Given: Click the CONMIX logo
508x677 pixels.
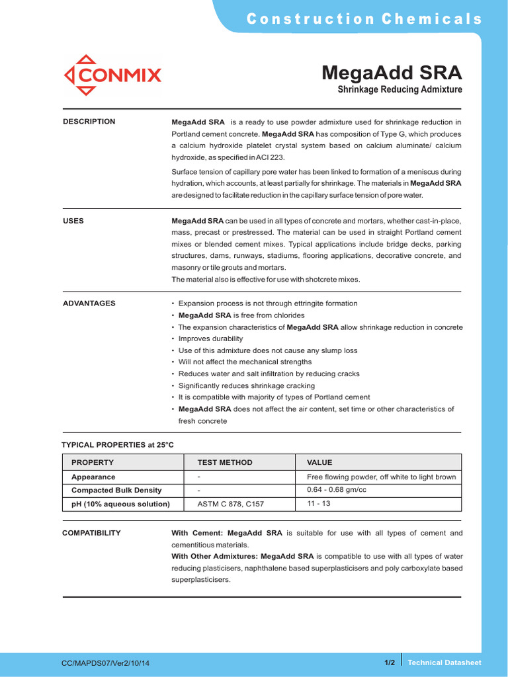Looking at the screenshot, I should point(112,75).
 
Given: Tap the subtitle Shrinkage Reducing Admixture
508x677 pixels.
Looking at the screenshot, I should point(400,89).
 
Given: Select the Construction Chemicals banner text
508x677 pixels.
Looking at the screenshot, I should point(364,19).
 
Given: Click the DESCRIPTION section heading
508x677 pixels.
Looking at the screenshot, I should point(89,122).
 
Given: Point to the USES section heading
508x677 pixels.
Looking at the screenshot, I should point(73,221).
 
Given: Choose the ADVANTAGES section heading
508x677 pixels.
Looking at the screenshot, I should point(89,303).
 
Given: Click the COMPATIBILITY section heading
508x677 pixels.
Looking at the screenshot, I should point(91,533).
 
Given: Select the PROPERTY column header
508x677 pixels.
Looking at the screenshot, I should point(93,462).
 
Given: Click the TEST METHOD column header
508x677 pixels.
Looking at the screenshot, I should point(225,462).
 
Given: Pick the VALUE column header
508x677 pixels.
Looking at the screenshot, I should point(319,462).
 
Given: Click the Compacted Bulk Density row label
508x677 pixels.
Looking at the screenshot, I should point(116,491).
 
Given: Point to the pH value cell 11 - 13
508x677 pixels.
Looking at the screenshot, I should point(319,504).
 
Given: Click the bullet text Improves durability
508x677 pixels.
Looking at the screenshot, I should point(210,338).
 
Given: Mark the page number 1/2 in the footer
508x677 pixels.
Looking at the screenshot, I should point(390,662).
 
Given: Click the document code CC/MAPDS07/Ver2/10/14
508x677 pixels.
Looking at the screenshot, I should point(106,662).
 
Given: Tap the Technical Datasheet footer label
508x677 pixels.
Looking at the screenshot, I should point(444,662).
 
